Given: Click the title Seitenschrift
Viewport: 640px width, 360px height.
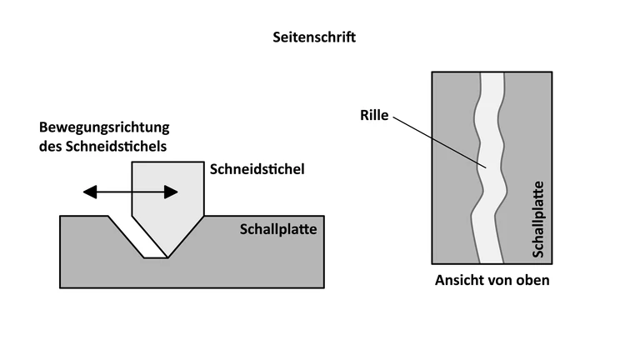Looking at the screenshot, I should [314, 37].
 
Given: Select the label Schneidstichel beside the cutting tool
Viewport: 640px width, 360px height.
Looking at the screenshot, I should [256, 169].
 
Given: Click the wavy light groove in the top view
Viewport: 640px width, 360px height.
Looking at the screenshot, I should [489, 167].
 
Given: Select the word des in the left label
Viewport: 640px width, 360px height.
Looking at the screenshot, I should [51, 147].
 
